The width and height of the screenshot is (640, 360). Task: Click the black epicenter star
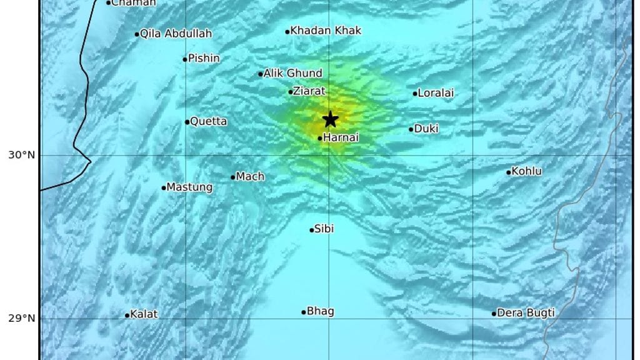330,119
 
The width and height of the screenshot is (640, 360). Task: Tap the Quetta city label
209,121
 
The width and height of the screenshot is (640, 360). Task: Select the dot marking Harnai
320,138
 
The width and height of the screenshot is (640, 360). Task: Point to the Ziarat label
311,91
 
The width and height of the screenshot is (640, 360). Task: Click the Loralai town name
436,93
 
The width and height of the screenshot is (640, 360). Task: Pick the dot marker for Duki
411,129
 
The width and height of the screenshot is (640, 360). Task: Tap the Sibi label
324,229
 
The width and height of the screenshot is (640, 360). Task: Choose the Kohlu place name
527,171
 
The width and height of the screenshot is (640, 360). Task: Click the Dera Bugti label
526,313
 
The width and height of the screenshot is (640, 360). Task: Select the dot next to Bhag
304,312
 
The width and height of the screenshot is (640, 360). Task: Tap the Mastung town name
190,187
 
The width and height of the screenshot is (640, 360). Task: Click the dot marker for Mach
233,177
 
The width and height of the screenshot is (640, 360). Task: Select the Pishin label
204,59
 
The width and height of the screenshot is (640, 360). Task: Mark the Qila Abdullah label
176,34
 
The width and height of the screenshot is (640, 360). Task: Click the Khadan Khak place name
326,31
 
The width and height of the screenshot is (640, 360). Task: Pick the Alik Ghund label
293,73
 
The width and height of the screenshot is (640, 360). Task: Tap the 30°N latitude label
21,155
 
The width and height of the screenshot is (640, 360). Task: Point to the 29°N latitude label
21,319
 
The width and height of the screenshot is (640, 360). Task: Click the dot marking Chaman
108,2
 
